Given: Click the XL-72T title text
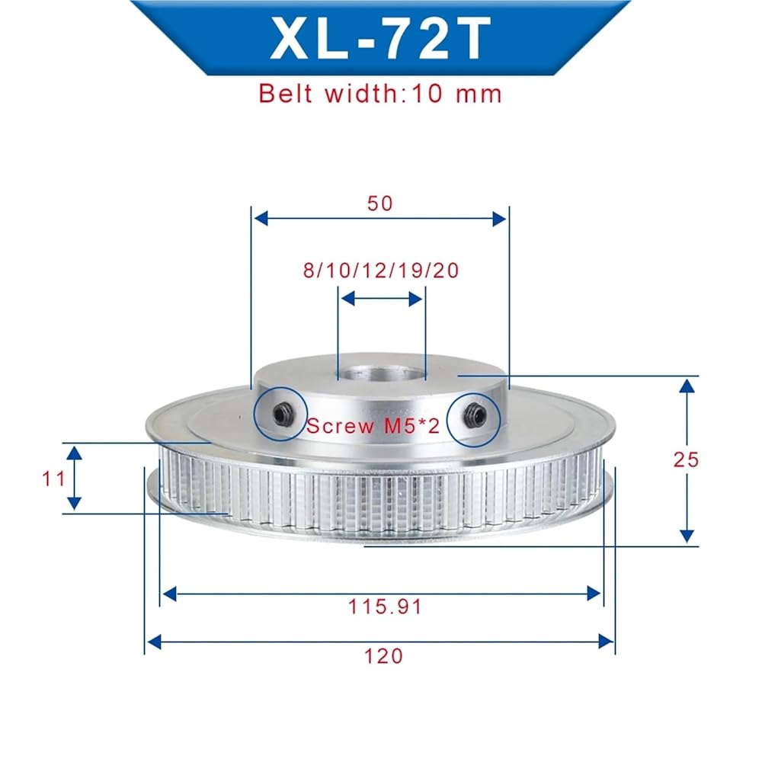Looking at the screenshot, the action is [380, 38].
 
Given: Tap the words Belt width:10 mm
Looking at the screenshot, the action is [380, 93].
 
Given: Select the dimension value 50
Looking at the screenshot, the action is [379, 203].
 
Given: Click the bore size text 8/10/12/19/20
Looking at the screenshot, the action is [381, 271].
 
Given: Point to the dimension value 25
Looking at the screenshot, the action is [687, 459].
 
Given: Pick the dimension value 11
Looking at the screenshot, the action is [53, 479].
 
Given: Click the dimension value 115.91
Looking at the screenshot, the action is [385, 607].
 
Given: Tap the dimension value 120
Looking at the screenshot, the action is [383, 656].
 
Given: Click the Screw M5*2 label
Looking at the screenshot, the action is [373, 426].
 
